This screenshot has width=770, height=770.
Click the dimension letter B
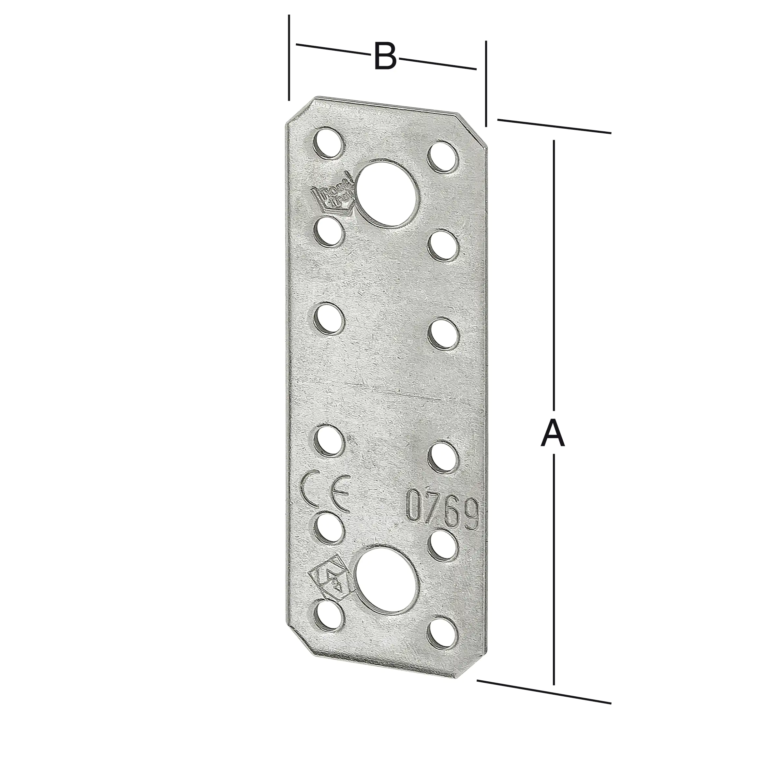click(x=385, y=57)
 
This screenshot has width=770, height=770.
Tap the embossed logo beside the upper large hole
click(x=333, y=195)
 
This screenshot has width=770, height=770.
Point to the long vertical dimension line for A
click(x=554, y=279)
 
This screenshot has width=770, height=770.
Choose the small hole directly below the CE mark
click(x=329, y=529)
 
